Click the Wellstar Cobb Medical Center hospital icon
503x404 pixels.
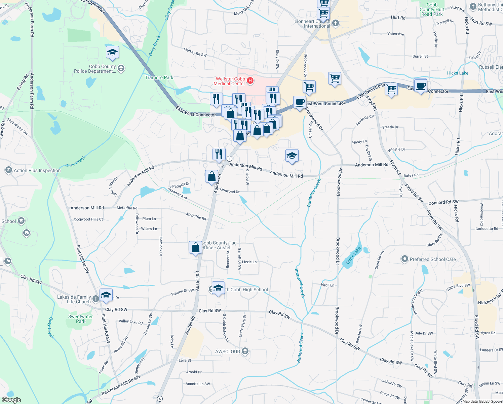pos(250,80)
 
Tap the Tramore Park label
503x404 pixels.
pos(159,77)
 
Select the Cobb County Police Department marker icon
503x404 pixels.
pos(121,68)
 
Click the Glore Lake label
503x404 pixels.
pos(353,255)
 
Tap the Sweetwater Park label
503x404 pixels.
pos(80,319)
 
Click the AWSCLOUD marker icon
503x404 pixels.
pos(245,351)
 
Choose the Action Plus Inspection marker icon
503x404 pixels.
pos(9,170)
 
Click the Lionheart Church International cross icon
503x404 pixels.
pos(336,23)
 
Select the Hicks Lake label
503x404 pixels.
pos(458,73)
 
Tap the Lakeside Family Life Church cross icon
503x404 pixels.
pos(96,299)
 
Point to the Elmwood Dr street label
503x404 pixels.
pos(230,191)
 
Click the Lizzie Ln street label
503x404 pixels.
pos(249,262)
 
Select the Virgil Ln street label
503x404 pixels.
pos(327,285)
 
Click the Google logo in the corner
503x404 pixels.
pos(11,400)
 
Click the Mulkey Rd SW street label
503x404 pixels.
pos(195,53)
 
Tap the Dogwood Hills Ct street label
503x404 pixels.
pos(88,219)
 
